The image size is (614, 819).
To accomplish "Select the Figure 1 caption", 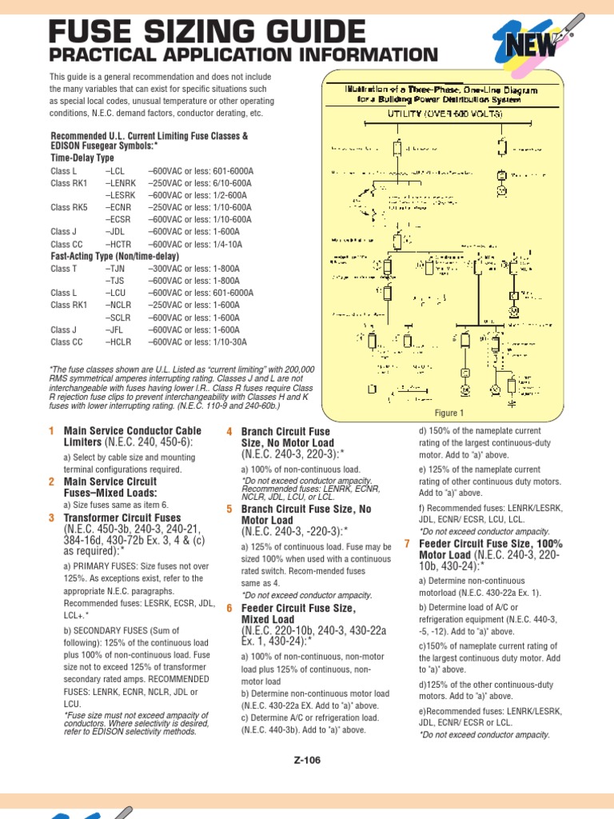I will click(449, 413).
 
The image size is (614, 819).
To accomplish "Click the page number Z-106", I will click(307, 761).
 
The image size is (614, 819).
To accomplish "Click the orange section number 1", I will click(52, 432).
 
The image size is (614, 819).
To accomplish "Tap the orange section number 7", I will click(408, 544).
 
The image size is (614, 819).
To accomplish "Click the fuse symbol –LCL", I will click(114, 171).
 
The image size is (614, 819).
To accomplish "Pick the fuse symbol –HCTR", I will click(118, 244).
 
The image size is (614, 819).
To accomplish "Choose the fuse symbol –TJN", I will click(115, 269).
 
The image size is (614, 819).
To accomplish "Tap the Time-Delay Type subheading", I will click(82, 158).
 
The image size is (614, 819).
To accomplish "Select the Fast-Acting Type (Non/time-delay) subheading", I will click(115, 256).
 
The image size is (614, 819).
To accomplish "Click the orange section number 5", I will click(229, 509).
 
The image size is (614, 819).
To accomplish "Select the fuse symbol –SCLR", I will click(117, 318).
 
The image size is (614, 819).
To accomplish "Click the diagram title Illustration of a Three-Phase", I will click(441, 90).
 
